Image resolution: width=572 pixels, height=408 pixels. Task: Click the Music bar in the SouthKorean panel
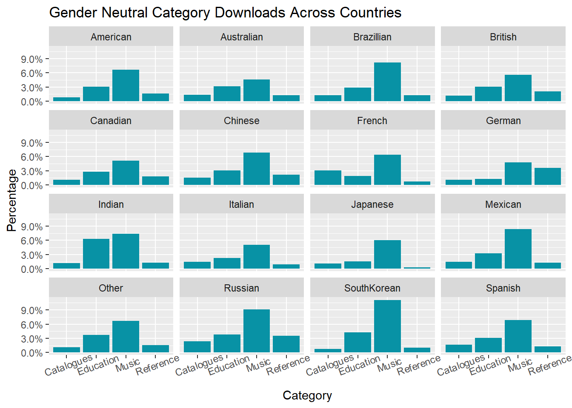[x=387, y=326]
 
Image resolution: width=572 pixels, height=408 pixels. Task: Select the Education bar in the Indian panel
[x=96, y=254]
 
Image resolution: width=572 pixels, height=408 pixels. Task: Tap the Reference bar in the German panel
[x=548, y=176]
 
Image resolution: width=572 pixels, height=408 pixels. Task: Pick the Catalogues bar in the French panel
[x=328, y=178]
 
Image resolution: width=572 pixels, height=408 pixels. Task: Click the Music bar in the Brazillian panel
[x=387, y=82]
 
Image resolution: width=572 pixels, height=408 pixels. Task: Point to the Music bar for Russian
[x=257, y=331]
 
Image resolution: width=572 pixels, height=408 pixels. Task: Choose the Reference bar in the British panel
[x=548, y=96]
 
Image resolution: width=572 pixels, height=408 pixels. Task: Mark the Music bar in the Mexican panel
[x=518, y=249]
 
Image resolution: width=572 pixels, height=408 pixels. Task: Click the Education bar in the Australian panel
[x=227, y=93]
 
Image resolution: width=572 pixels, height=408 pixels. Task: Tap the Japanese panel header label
[x=372, y=204]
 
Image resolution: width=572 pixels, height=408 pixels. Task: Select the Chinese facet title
[x=242, y=121]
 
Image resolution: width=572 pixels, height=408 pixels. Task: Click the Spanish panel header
[x=503, y=288]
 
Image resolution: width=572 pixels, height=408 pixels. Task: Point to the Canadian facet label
[x=111, y=121]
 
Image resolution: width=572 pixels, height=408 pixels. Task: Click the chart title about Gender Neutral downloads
[x=225, y=13]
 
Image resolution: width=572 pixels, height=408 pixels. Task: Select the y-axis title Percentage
[x=12, y=200]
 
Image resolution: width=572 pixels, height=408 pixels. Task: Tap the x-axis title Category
[x=307, y=396]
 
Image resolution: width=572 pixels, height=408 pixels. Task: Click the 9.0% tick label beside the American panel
[x=32, y=59]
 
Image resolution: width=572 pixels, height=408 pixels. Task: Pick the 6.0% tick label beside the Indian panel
[x=32, y=241]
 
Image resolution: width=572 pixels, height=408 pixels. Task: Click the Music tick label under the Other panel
[x=128, y=365]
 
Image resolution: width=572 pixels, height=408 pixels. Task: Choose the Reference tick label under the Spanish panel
[x=549, y=365]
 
